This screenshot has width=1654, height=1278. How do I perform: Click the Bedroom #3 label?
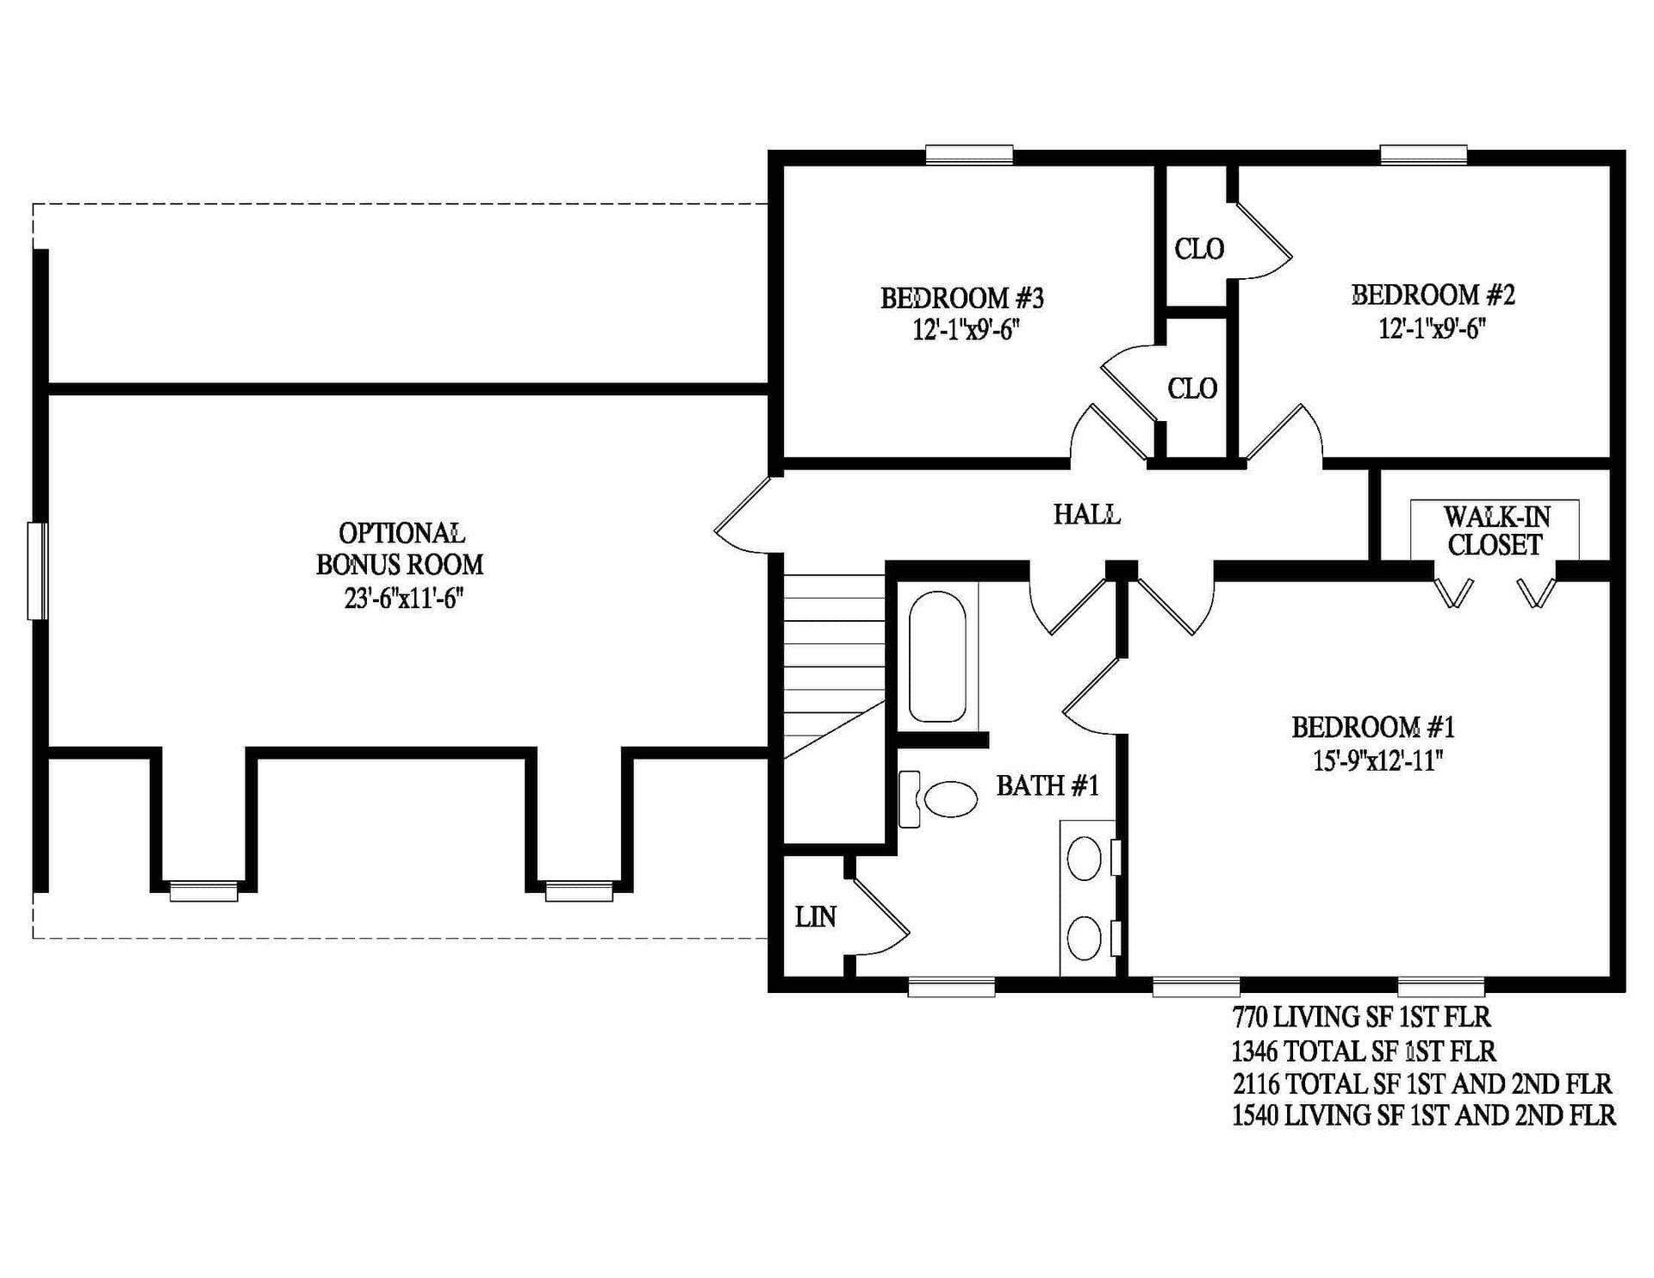[x=961, y=298]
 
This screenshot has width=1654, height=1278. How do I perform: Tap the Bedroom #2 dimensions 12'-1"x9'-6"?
[x=1432, y=329]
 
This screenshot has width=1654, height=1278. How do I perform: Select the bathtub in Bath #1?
[x=938, y=656]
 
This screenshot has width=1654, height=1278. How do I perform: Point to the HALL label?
[x=1086, y=514]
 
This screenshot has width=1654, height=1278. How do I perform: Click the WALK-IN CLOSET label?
[x=1495, y=530]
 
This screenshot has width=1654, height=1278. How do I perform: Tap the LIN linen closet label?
[x=815, y=917]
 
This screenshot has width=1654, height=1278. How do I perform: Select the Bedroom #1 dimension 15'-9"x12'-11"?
[x=1377, y=761]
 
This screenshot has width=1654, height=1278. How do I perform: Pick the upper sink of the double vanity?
[x=1084, y=859]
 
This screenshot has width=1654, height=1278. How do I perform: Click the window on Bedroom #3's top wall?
[x=969, y=155]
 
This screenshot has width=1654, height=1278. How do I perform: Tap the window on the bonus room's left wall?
[x=37, y=571]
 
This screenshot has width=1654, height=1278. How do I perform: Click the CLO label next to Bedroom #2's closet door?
[x=1199, y=250]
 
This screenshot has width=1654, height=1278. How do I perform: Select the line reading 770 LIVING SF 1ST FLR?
[x=1361, y=1017]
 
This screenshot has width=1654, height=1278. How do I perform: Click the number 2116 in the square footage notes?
[x=1255, y=1083]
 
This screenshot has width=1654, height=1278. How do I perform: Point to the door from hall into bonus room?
[x=742, y=516]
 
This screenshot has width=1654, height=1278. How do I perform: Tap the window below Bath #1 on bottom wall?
[x=951, y=987]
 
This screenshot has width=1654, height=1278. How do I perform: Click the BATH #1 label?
[x=1048, y=785]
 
